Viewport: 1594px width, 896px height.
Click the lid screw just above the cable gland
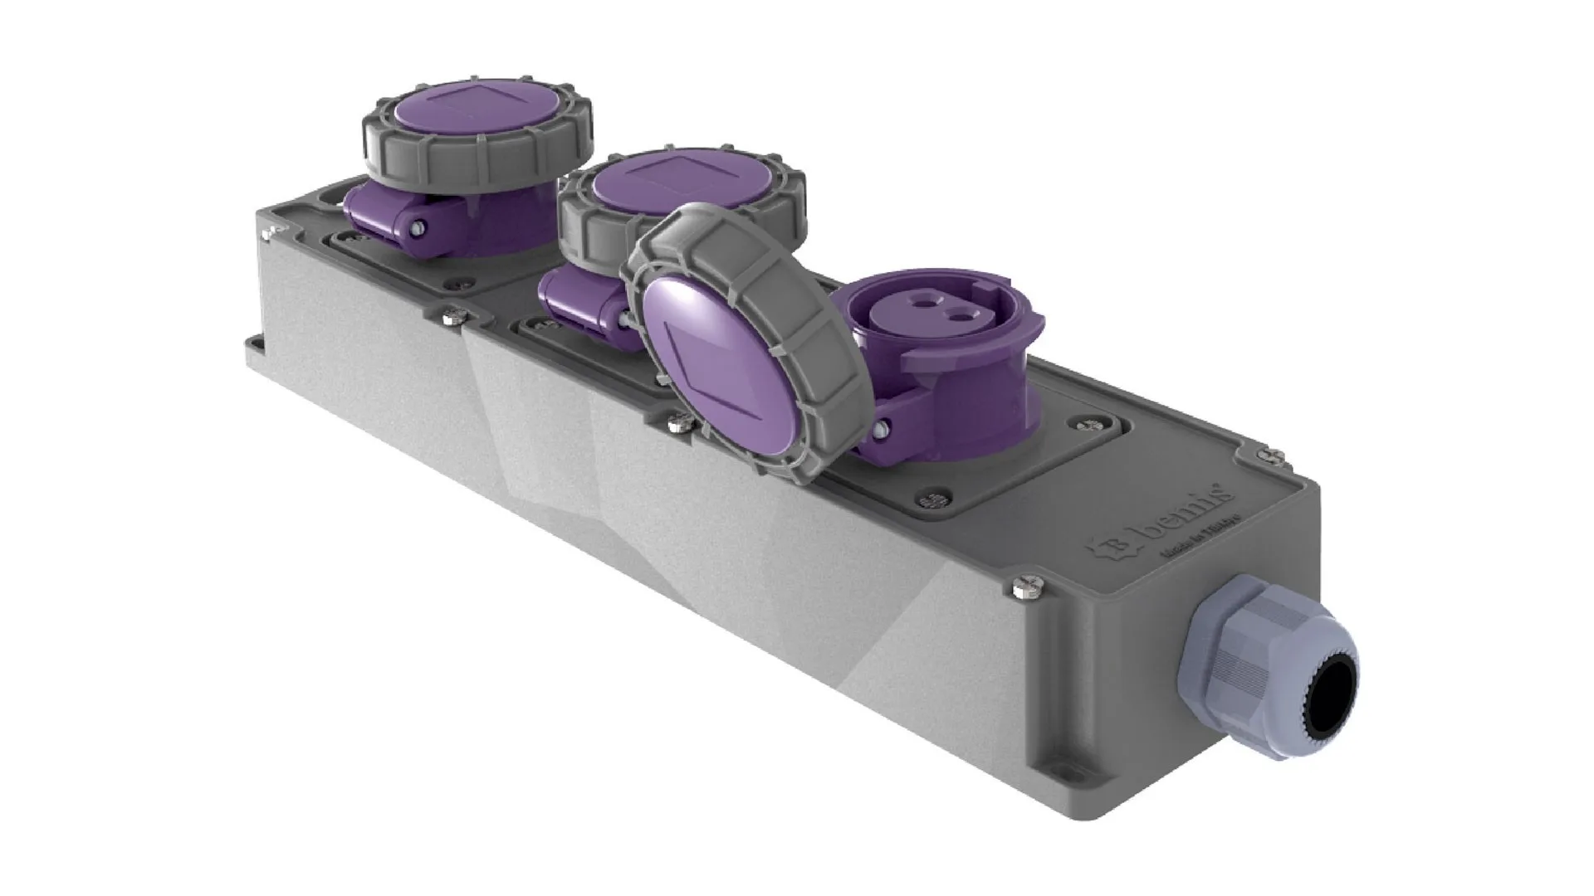coord(1022,587)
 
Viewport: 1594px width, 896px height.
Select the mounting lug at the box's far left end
coord(253,342)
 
